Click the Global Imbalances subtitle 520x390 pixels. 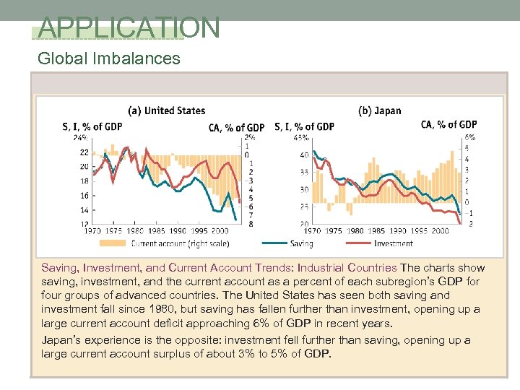pos(109,58)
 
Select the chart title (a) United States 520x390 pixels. pos(166,110)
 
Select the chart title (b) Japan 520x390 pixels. pos(379,110)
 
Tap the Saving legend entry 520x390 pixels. pos(300,243)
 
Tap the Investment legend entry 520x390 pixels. pos(392,243)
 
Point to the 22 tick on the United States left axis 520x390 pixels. pos(84,152)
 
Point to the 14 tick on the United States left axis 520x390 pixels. pos(84,209)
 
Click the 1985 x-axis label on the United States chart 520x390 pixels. pos(156,231)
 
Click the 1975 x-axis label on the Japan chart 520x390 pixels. pos(333,231)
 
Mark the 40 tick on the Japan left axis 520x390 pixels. pos(304,155)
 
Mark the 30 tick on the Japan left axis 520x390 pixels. pos(304,189)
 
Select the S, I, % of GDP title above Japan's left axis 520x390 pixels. pos(304,126)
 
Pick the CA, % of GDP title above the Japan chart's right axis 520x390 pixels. pos(448,124)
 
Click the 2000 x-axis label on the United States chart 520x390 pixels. pos(219,231)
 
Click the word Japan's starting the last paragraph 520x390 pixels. pos(61,340)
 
